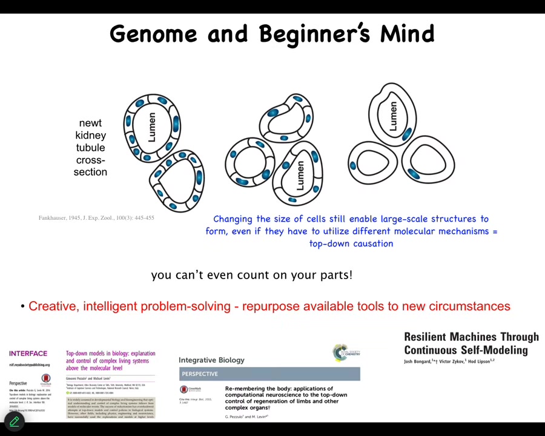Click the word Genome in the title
click(153, 34)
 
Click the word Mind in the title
click(407, 34)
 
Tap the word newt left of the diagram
click(90, 123)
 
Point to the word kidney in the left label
click(90, 135)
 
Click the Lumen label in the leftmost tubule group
click(151, 128)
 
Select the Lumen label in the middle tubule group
click(300, 175)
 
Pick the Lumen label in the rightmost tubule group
click(393, 116)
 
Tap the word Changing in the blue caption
click(233, 219)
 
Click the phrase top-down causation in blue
click(351, 243)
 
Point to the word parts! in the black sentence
click(336, 275)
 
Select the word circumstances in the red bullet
click(469, 306)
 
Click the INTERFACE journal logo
click(28, 354)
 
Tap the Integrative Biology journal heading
click(211, 360)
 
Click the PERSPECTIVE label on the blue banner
click(200, 374)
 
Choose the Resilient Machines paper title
click(471, 343)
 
